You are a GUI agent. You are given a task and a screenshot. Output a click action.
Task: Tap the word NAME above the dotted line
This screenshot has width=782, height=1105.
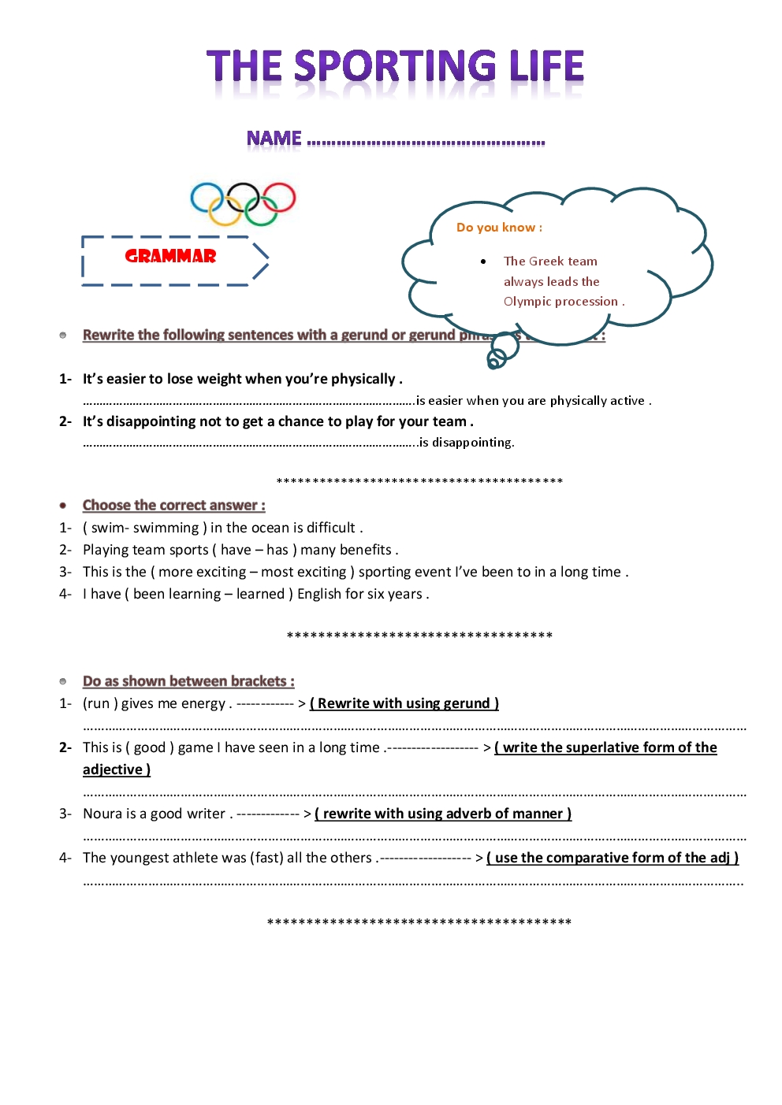(x=274, y=139)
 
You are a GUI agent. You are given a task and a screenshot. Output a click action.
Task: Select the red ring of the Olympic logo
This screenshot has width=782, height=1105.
(x=279, y=198)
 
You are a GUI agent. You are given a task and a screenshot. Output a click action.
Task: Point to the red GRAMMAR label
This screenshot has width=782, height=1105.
(x=170, y=256)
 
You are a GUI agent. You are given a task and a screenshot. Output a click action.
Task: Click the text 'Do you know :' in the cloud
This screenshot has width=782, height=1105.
(x=499, y=228)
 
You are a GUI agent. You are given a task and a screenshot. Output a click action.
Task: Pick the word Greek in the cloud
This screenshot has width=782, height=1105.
(x=546, y=261)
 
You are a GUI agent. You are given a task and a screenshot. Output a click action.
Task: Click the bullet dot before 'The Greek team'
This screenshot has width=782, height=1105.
(x=483, y=261)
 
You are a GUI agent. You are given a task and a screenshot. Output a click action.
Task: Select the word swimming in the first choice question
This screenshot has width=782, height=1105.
(x=166, y=528)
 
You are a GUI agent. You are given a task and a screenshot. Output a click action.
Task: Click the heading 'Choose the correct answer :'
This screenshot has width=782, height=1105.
(x=173, y=506)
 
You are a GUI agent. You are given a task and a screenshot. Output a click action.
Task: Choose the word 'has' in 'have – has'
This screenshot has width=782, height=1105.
(x=277, y=550)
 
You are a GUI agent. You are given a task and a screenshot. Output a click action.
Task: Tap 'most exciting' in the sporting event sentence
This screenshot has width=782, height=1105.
(x=303, y=572)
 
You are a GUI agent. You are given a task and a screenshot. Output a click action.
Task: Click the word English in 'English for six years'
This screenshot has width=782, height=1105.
(x=318, y=594)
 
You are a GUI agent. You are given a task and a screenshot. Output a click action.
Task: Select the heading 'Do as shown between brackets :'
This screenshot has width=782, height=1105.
(x=188, y=681)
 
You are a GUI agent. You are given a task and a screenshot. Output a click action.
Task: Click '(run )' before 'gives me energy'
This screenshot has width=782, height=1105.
(x=100, y=703)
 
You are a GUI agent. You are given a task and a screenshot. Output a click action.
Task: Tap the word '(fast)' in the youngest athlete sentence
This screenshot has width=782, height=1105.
(x=266, y=858)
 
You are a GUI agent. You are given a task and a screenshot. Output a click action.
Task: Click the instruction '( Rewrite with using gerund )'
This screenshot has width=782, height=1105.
(x=404, y=703)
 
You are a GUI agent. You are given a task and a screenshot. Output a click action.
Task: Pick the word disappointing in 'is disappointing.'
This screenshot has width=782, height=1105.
(x=471, y=443)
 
